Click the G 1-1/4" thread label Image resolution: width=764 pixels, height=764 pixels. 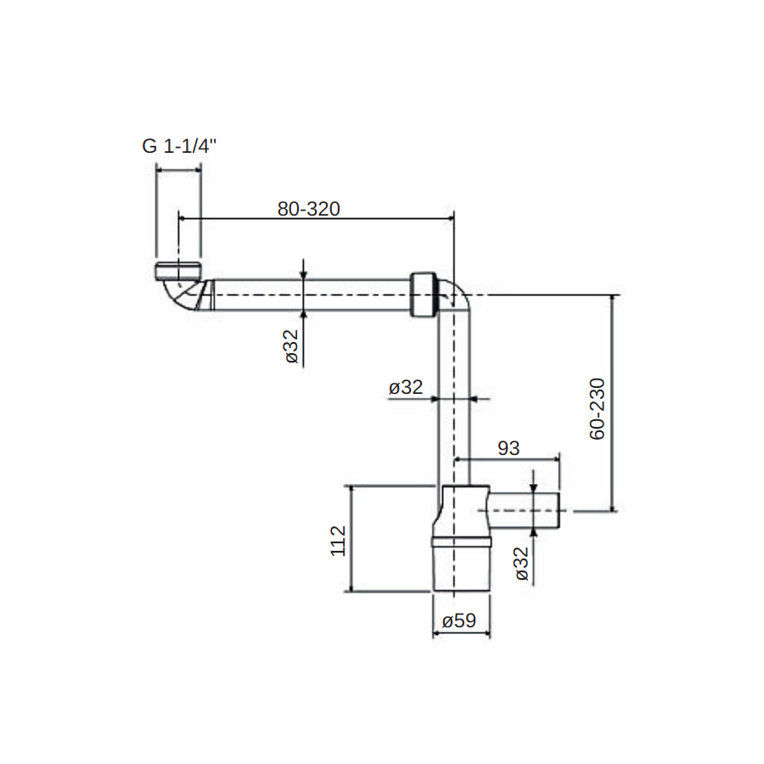point(179,146)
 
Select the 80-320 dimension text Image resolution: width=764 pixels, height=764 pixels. point(308,209)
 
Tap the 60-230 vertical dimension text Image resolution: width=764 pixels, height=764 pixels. point(597,408)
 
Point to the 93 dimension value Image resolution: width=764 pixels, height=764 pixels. point(508,447)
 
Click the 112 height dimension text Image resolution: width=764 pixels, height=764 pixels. point(338,541)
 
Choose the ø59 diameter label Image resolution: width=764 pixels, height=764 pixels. point(459,621)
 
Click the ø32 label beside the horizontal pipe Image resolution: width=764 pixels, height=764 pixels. point(291,346)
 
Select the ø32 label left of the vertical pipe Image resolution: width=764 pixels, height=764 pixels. point(406,387)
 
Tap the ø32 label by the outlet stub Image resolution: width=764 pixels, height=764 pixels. point(521,564)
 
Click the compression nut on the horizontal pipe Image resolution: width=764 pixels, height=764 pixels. point(423,295)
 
